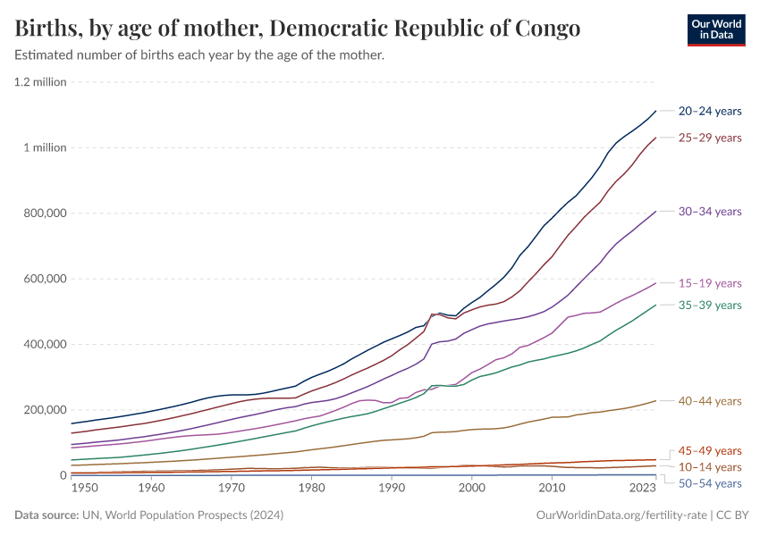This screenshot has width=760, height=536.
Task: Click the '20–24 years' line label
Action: tap(710, 111)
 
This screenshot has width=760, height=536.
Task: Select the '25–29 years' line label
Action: tap(710, 138)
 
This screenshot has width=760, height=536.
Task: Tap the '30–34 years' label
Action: tap(710, 212)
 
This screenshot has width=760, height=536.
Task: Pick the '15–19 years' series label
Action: tap(710, 283)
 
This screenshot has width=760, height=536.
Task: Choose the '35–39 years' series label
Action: tap(710, 306)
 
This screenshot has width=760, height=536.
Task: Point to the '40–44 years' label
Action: tap(710, 401)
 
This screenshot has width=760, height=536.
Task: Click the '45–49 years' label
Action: tap(710, 450)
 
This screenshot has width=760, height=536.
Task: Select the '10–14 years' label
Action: tap(710, 467)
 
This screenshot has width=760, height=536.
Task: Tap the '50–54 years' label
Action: tap(710, 483)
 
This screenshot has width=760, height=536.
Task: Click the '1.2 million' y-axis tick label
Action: tap(39, 82)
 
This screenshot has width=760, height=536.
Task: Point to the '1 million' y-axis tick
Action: tap(45, 147)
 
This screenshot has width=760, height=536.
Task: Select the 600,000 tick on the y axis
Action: tap(42, 279)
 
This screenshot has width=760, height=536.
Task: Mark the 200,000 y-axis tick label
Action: tap(42, 410)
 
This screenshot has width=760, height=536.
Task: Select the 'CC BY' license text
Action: tap(733, 515)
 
